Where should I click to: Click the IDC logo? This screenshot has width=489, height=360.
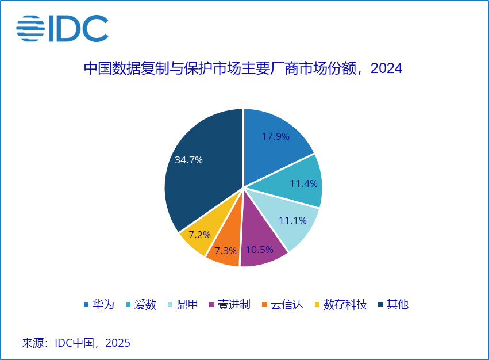pyautogui.click(x=62, y=29)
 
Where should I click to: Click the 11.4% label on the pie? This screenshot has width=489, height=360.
pyautogui.click(x=303, y=183)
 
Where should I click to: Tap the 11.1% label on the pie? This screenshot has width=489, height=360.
pyautogui.click(x=292, y=220)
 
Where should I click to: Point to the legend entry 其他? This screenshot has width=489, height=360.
pyautogui.click(x=397, y=304)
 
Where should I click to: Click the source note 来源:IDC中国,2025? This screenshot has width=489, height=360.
pyautogui.click(x=76, y=343)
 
